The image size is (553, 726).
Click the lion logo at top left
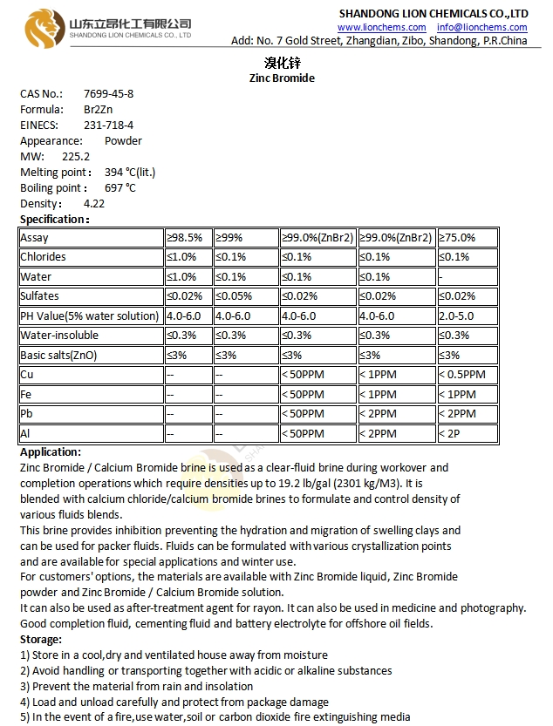pyautogui.click(x=42, y=28)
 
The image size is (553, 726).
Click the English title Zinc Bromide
pyautogui.click(x=282, y=78)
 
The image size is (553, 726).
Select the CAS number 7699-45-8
pyautogui.click(x=109, y=93)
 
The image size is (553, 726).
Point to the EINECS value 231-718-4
pyautogui.click(x=109, y=125)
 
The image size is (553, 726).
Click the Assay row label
pyautogui.click(x=35, y=238)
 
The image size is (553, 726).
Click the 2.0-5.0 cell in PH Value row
pyautogui.click(x=458, y=316)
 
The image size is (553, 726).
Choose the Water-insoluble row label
pyautogui.click(x=59, y=336)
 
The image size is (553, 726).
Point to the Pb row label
pyautogui.click(x=27, y=413)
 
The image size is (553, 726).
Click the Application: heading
pyautogui.click(x=51, y=452)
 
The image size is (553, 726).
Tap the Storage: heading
pyautogui.click(x=41, y=640)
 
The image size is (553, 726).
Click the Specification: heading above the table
pyautogui.click(x=54, y=219)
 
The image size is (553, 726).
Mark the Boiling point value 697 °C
pyautogui.click(x=120, y=187)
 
